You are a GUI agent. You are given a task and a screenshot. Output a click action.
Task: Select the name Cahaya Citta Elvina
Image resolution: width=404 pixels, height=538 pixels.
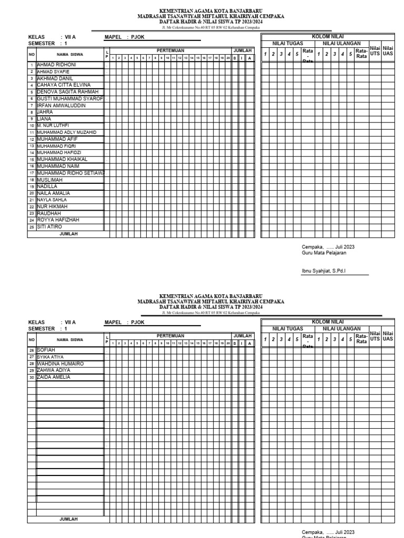(63, 85)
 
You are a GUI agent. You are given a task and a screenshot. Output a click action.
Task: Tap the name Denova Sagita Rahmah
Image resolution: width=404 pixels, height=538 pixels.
(67, 91)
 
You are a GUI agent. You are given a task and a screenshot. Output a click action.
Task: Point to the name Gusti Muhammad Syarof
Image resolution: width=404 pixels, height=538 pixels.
(69, 98)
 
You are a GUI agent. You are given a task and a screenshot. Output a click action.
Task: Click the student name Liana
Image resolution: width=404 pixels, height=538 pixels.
(44, 119)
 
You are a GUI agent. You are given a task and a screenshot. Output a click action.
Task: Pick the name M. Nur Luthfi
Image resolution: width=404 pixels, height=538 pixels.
(53, 126)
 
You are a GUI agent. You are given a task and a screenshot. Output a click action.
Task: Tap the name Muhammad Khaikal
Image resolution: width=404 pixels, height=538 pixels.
(62, 159)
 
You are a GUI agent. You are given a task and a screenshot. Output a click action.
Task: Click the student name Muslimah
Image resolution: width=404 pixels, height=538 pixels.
(49, 180)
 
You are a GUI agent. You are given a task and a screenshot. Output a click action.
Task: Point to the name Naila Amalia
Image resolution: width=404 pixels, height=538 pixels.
(53, 193)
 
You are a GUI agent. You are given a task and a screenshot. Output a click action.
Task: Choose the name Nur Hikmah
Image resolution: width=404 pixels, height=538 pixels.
(52, 206)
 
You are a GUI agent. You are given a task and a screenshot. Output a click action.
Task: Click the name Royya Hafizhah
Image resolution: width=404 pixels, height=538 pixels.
(57, 220)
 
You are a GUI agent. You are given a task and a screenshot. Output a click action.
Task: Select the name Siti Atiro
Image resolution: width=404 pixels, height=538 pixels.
(49, 227)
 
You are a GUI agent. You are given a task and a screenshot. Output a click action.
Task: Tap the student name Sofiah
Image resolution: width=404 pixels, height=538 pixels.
(47, 349)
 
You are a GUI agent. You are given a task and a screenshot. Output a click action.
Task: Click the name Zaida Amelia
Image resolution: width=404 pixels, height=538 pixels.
(53, 377)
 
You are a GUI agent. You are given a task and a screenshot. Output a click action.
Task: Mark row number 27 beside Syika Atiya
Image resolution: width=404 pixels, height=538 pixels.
(32, 357)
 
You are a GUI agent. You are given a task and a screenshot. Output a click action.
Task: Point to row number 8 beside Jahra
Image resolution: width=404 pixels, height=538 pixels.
(32, 112)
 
